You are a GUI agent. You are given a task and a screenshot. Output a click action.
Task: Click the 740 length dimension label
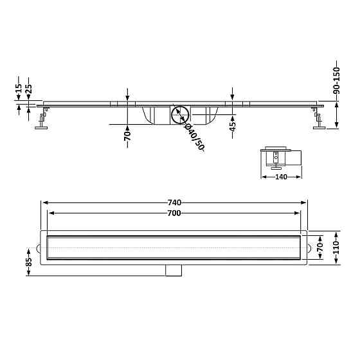click(x=174, y=203)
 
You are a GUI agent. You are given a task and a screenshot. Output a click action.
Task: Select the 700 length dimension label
click(x=174, y=213)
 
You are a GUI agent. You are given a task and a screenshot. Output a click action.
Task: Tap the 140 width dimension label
click(x=281, y=177)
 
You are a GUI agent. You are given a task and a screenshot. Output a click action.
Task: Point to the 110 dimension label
click(x=336, y=248)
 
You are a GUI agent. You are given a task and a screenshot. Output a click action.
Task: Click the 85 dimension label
click(x=28, y=262)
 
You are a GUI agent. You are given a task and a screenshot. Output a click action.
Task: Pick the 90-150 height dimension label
click(x=336, y=80)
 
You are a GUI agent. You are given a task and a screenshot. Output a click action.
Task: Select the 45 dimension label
click(x=233, y=126)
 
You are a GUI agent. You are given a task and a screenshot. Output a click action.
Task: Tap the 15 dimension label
click(x=19, y=88)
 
